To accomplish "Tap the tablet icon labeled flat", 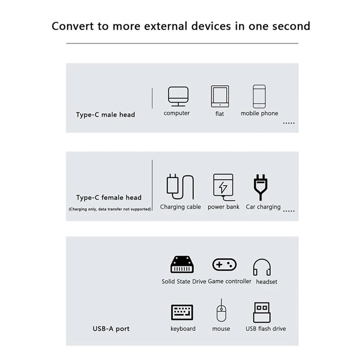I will click(x=220, y=96).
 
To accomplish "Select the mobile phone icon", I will click(x=259, y=96).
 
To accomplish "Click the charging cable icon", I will click(x=180, y=187).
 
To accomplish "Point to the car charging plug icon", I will click(x=261, y=187).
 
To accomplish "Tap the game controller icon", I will click(x=224, y=265).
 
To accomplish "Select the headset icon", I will click(x=262, y=267).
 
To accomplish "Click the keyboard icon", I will click(x=182, y=312).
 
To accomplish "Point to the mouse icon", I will click(x=221, y=311).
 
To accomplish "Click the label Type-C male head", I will click(x=105, y=115).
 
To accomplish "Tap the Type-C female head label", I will click(x=109, y=197).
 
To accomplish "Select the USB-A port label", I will click(x=111, y=328).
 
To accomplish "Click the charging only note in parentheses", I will click(x=110, y=209).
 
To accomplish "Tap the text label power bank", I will click(x=223, y=207).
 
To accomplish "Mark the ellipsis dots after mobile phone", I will click(x=289, y=123).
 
